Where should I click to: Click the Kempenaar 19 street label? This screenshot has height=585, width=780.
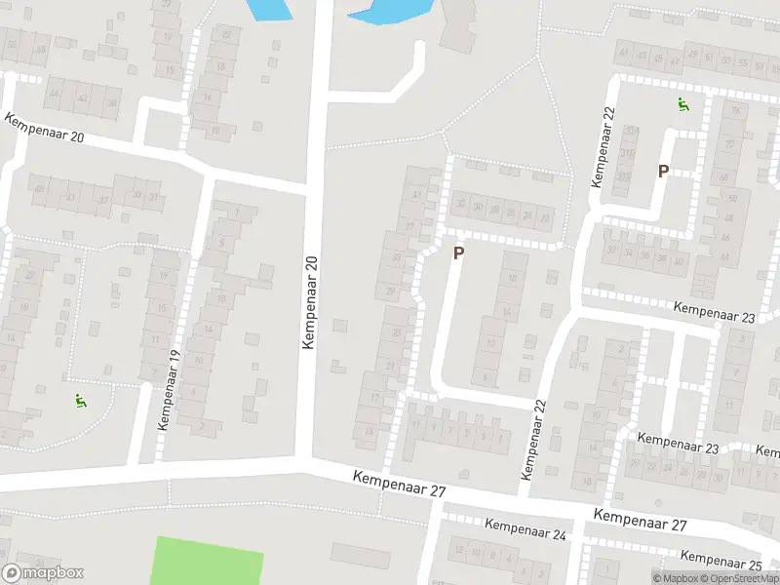[169, 390]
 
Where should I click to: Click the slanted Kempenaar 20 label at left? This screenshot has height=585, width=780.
[44, 128]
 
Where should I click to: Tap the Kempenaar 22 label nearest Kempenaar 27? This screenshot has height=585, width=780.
[532, 439]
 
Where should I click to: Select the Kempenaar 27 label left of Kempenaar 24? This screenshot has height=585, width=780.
[400, 483]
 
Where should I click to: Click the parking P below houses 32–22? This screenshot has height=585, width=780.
[458, 253]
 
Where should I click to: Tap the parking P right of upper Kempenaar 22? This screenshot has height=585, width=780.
[663, 172]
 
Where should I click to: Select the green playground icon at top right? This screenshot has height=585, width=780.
[683, 105]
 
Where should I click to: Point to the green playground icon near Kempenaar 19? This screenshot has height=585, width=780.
[79, 399]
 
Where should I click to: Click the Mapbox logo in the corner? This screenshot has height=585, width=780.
[43, 573]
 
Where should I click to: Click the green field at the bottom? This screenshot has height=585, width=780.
[208, 562]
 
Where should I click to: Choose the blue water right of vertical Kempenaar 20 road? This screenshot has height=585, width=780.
[394, 11]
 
